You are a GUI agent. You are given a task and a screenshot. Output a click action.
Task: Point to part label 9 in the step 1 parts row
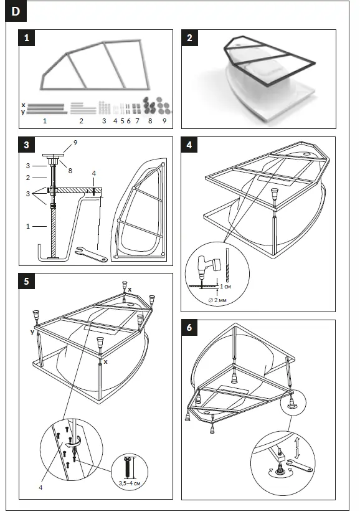click(164, 120)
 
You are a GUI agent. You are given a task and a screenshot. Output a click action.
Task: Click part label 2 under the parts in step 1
click(81, 120)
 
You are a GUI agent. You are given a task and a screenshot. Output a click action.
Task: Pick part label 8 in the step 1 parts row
click(149, 120)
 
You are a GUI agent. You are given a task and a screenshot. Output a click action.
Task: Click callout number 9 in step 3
click(75, 143)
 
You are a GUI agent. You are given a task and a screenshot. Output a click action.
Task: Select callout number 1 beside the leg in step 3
click(29, 226)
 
